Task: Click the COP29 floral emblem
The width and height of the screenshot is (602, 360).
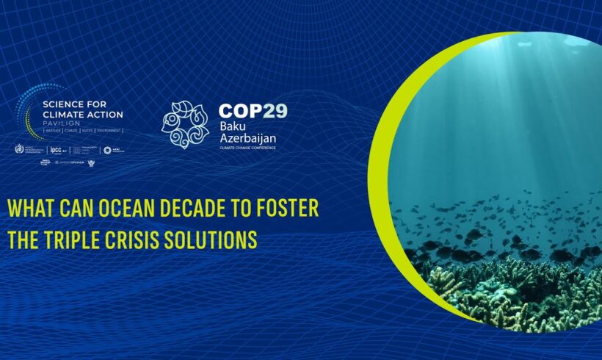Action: (185, 124)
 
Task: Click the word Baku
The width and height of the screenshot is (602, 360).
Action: (230, 127)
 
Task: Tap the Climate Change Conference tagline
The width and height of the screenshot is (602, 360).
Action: (247, 148)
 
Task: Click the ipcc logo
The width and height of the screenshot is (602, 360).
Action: (54, 150)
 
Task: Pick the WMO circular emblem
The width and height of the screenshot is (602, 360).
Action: (20, 149)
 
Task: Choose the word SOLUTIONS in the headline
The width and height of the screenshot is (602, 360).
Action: (217, 240)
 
